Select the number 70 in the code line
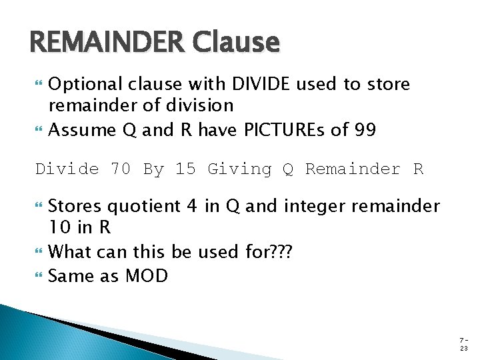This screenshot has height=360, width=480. tap(121, 169)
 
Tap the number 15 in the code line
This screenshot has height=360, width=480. tap(185, 169)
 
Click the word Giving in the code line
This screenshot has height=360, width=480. tap(239, 169)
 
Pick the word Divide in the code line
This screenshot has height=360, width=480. tap(67, 169)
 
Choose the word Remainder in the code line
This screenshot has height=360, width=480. tap(351, 169)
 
